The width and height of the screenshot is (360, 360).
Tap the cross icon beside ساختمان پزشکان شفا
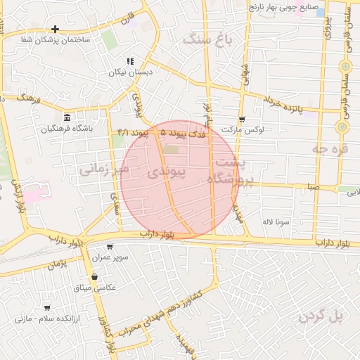[55, 30]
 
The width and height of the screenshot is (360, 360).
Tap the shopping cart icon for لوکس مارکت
[242, 120]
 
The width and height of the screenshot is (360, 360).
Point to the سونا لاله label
[276, 221]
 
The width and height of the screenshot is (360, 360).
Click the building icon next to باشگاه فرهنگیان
[67, 117]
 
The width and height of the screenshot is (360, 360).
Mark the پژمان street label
[58, 264]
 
